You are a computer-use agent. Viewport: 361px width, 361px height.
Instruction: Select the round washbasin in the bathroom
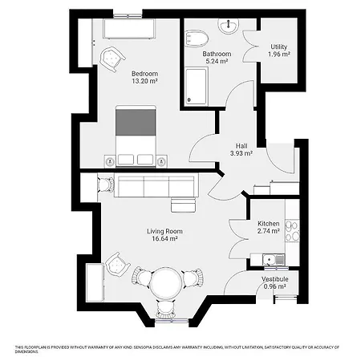point(229,26)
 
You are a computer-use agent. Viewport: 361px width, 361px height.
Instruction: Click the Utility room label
point(279,47)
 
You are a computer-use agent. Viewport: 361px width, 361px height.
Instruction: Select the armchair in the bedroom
point(113,56)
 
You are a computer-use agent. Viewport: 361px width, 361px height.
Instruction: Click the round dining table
point(167,282)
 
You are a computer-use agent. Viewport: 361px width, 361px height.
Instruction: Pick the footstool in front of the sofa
point(183,205)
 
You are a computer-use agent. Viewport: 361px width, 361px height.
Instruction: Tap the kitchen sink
point(272,258)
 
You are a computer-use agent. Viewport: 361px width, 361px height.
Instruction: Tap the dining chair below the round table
point(167,309)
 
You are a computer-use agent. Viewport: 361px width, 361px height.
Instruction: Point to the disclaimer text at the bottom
point(176,348)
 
